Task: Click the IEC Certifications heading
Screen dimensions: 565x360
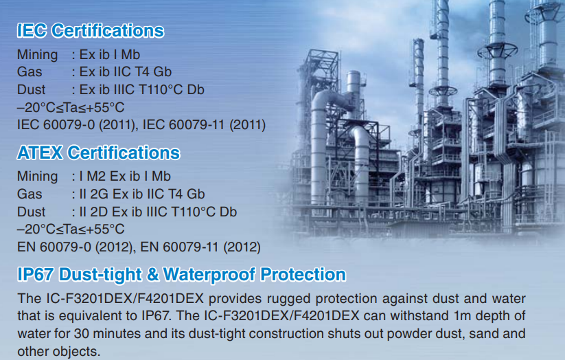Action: click(91, 31)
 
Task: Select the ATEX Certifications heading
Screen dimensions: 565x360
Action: click(98, 153)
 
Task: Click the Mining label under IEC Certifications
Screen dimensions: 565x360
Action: click(38, 55)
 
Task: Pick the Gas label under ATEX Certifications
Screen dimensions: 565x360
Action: click(30, 194)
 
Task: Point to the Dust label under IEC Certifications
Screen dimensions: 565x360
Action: click(32, 89)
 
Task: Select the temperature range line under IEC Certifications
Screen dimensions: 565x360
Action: click(71, 107)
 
